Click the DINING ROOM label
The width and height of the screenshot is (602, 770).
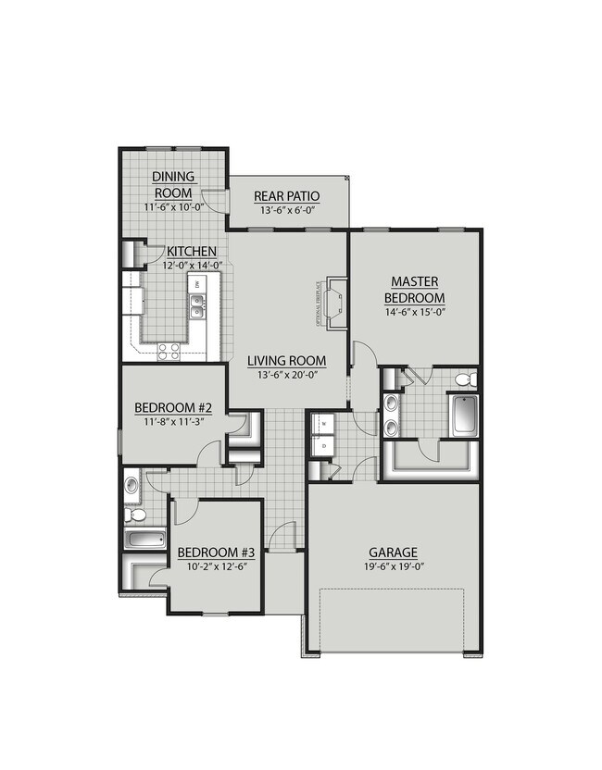click(173, 184)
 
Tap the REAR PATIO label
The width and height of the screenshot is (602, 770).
click(287, 196)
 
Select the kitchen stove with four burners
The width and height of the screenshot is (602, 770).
click(169, 350)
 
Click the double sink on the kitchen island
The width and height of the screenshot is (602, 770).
click(197, 304)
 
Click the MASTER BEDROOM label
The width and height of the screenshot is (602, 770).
click(415, 289)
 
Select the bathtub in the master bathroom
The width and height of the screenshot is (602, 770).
click(462, 415)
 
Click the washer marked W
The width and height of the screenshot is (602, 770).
click(323, 425)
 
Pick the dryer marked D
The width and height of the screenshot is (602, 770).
click(323, 444)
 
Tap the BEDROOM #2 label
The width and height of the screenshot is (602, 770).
click(174, 407)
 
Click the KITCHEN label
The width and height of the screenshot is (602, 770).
click(192, 252)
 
